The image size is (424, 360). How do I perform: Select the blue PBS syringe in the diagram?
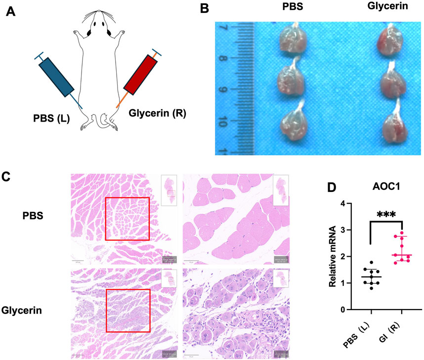pos(56,77)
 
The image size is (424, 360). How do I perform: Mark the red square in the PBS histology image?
pos(127,219)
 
